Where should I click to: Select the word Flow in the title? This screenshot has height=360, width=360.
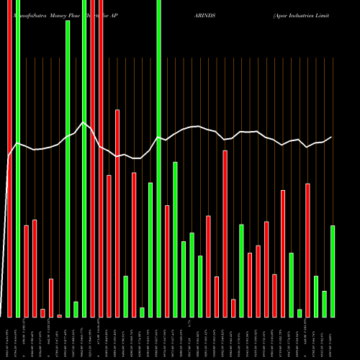(x=78, y=14)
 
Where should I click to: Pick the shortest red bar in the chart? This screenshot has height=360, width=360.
(x=60, y=315)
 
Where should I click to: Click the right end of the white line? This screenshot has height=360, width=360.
(x=332, y=137)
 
